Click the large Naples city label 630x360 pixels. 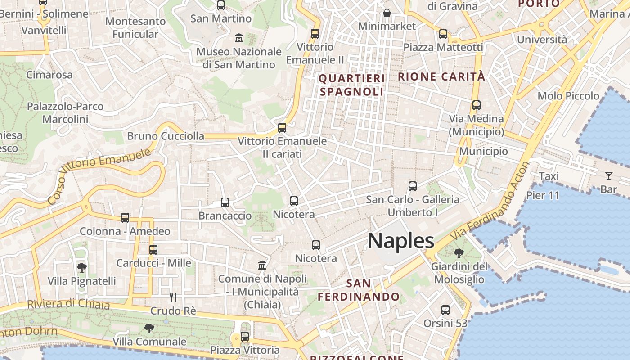(400, 241)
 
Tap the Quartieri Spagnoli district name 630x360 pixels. (352, 85)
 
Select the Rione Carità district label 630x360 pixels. (441, 76)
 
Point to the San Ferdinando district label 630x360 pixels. (359, 290)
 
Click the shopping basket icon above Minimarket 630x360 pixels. (387, 13)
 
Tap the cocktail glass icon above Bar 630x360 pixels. (609, 176)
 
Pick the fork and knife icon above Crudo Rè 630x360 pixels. (173, 297)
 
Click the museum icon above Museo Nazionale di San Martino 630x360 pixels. (239, 38)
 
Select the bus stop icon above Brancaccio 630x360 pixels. (225, 202)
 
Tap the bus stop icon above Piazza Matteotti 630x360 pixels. (443, 34)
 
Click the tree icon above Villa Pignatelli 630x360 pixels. (81, 268)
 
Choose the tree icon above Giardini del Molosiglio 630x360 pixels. (459, 253)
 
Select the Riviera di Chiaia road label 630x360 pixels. (68, 304)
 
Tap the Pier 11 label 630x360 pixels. (543, 195)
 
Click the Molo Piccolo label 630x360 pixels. (568, 96)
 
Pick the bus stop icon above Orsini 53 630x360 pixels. (445, 310)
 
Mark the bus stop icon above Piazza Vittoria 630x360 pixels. (245, 336)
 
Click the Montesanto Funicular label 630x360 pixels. (135, 27)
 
